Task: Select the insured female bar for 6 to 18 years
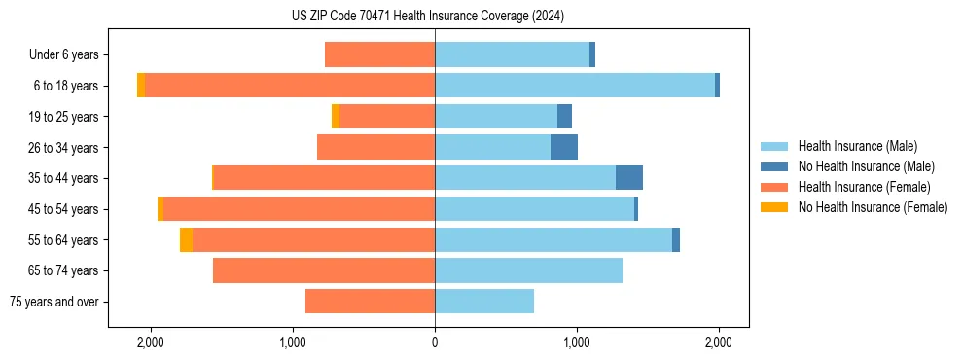tap(290, 86)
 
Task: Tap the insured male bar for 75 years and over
tap(483, 302)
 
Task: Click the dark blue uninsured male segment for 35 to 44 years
tap(628, 178)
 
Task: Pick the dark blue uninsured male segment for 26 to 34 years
tap(563, 147)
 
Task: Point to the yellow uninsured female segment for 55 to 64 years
tap(186, 239)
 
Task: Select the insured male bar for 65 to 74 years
tap(528, 270)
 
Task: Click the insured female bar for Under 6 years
tap(379, 54)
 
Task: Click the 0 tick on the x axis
tap(435, 342)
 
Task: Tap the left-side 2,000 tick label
tap(151, 342)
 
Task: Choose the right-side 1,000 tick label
tap(577, 342)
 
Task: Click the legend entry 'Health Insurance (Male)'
tap(857, 146)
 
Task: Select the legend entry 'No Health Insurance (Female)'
tap(873, 207)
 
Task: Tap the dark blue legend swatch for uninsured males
tap(775, 166)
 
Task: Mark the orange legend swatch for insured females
tap(775, 187)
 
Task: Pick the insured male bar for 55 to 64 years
tap(553, 239)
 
